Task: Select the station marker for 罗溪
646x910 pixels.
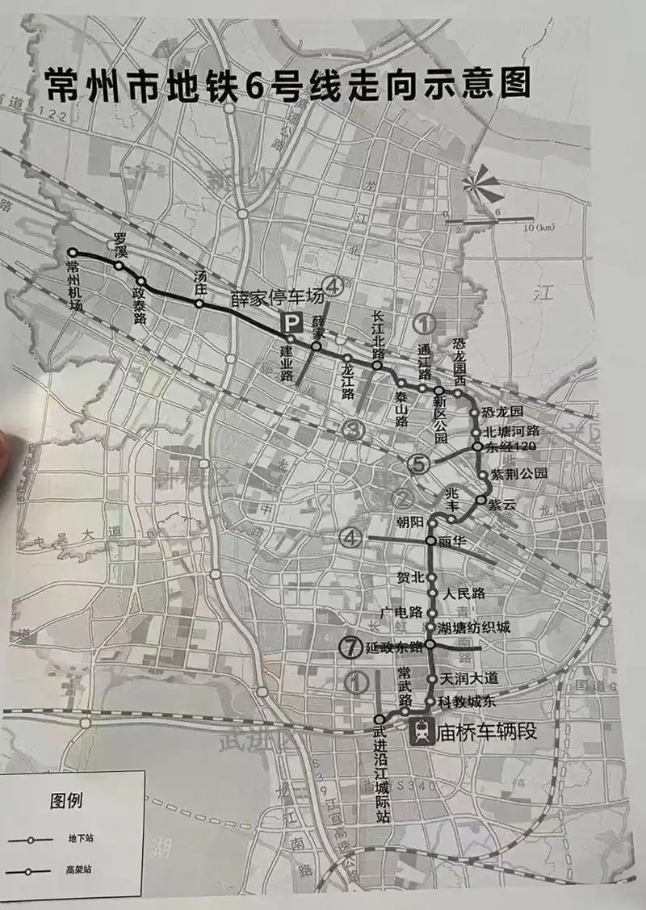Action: [x=120, y=266]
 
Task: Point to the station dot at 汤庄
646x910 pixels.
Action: [x=198, y=304]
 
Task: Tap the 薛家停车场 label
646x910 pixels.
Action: [x=277, y=297]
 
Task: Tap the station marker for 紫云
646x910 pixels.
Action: [x=483, y=501]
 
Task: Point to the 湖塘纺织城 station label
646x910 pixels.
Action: [x=475, y=627]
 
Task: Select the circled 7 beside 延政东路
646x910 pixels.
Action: [x=349, y=646]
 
